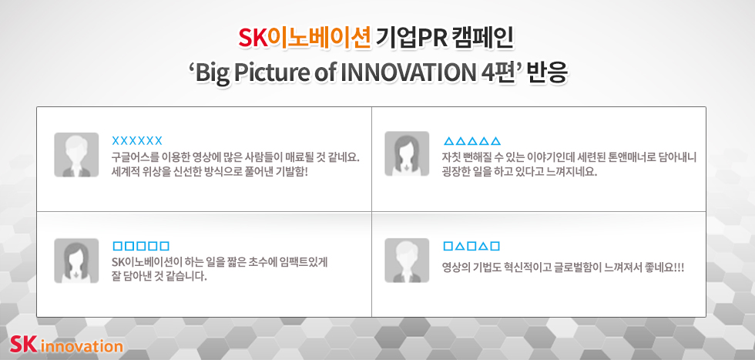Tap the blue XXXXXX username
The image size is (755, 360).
(x=137, y=141)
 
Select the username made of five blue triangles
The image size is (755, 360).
(x=471, y=141)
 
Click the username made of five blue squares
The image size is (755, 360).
(x=140, y=246)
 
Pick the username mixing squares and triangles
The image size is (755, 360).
(x=471, y=246)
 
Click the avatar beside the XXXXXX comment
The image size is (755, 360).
(x=76, y=155)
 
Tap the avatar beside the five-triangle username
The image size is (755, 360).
(x=407, y=153)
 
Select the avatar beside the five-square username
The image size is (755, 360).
(x=76, y=261)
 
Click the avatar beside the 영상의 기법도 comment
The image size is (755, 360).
(x=407, y=261)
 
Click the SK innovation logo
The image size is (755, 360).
(x=66, y=345)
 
